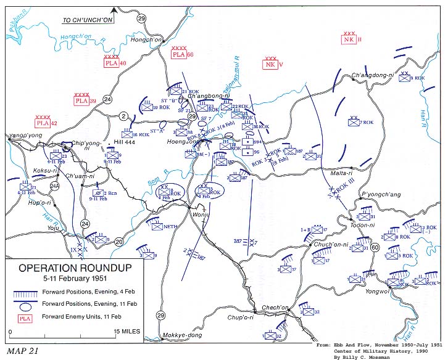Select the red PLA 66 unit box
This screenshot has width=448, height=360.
(x=179, y=55)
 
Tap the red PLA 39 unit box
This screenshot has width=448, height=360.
(x=81, y=101)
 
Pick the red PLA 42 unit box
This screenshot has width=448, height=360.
(x=43, y=123)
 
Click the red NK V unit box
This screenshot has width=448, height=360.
(x=270, y=65)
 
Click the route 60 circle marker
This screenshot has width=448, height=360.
(x=374, y=248)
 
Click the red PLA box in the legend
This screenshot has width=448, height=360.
(x=25, y=318)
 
